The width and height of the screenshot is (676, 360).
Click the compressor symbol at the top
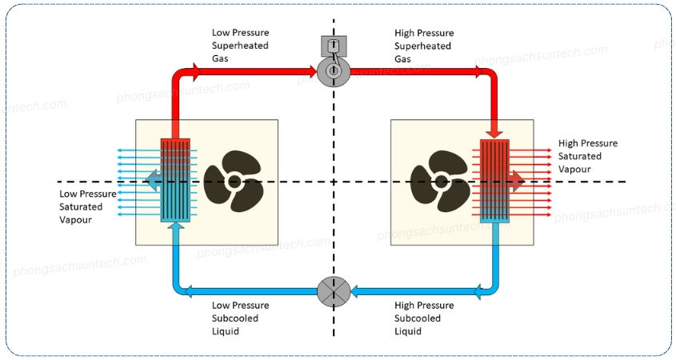[334, 71]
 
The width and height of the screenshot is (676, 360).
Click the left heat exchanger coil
[175, 180]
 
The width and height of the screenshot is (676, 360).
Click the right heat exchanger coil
[495, 180]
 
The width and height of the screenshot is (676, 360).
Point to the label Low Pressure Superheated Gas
[240, 46]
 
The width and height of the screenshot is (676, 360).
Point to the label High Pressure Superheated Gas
[424, 46]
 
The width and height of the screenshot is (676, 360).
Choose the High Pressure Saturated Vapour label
[587, 156]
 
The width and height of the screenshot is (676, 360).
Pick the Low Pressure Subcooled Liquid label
[240, 318]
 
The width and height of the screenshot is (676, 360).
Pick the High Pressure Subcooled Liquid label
[424, 318]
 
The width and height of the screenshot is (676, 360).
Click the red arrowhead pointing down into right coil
[495, 130]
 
